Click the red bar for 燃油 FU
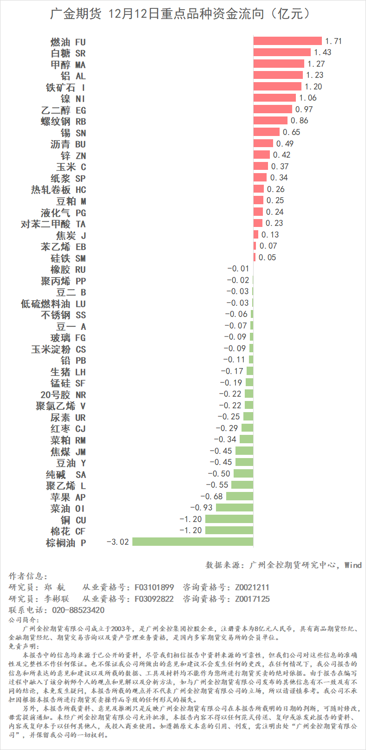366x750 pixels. (288, 41)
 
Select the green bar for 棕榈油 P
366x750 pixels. (193, 542)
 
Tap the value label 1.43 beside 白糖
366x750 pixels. (323, 52)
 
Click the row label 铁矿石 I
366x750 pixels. (65, 87)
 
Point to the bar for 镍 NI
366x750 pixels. (274, 98)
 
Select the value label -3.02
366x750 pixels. (118, 542)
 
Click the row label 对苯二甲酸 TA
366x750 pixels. (53, 224)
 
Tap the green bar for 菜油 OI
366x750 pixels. (235, 508)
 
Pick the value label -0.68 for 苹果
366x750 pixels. (211, 497)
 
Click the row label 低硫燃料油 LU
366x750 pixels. (53, 304)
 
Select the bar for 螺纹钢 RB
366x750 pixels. (270, 121)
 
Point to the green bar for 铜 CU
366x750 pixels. (229, 519)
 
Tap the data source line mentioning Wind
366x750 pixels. (283, 565)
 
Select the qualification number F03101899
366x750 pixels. (154, 588)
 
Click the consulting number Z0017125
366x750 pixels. (252, 599)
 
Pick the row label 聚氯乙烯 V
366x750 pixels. (61, 406)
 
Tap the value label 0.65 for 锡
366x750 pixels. (291, 132)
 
